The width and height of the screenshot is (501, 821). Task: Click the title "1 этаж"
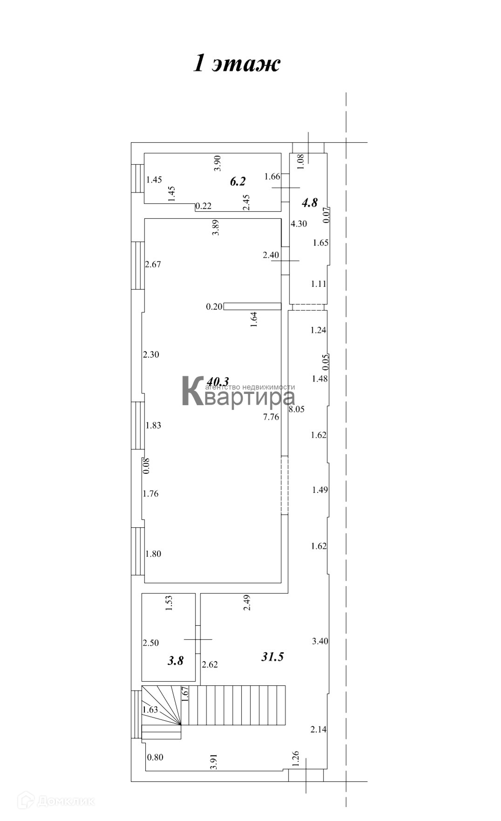[237, 63]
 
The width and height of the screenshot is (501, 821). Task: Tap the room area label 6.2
[237, 181]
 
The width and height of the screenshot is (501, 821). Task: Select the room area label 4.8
[310, 202]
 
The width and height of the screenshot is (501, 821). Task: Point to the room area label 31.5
[272, 657]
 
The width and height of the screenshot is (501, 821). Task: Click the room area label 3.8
[176, 660]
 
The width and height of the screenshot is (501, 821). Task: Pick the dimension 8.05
[297, 409]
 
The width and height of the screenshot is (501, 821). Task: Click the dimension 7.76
[271, 417]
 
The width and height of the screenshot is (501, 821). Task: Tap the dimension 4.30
[298, 223]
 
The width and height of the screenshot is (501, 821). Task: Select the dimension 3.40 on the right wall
[320, 641]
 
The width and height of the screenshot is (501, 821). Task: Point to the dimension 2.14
[318, 730]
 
